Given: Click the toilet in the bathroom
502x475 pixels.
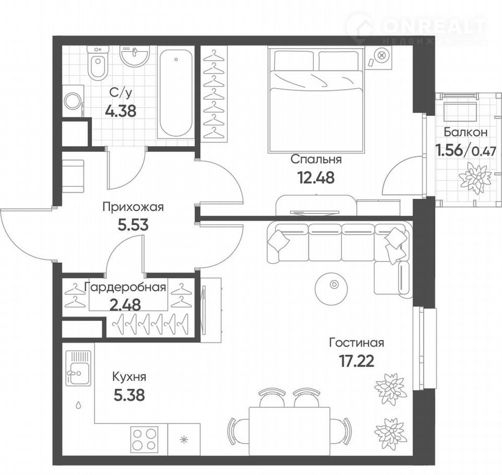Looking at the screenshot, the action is coord(98,63).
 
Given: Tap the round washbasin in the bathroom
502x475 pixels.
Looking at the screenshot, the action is coord(135,56).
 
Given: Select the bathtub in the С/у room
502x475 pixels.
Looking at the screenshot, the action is coord(176,93).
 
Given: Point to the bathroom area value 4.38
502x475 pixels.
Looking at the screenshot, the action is coord(121,111).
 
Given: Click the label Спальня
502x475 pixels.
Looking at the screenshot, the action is coord(316,159).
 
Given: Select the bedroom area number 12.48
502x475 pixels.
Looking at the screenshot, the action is coord(316,177).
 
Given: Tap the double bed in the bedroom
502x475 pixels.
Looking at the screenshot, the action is coord(316,99).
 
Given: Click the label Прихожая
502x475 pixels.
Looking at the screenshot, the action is coord(133,207).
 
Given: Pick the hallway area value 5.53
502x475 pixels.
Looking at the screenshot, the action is coord(133,225).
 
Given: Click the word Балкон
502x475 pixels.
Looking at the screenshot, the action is coord(466,132).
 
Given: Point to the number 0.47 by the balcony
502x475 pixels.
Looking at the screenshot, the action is coord(484,151).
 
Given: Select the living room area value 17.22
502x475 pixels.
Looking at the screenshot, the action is coord(356,361).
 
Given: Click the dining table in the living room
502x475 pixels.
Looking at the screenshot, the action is coord(289,431).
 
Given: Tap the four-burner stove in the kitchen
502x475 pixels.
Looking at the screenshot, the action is coord(144,440).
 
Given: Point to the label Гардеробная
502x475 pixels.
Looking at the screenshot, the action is coord(125,288).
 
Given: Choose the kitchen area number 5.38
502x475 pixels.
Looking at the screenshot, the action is coord(129,395).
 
